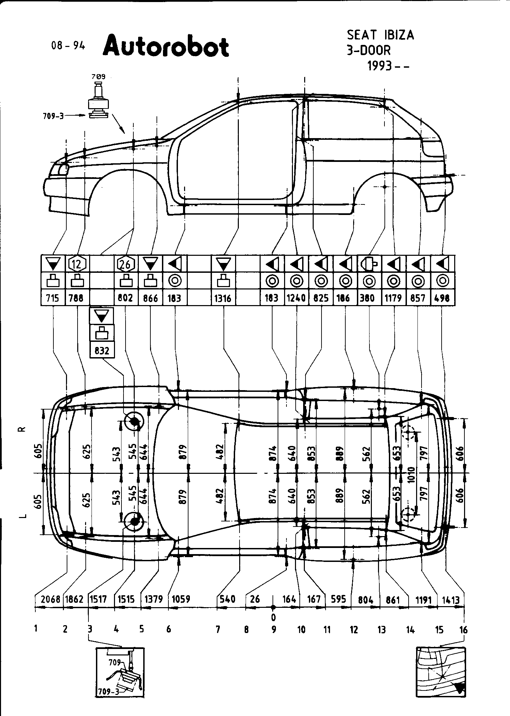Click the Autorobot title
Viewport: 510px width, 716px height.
pos(166,47)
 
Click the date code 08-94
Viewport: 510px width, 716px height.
pos(68,46)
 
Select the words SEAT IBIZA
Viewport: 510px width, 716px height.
pos(380,35)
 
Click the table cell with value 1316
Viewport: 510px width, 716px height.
pos(223,298)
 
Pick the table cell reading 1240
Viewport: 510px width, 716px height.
pos(296,298)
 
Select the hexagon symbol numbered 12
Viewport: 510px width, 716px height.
pos(77,264)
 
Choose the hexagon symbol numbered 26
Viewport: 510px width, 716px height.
pos(126,264)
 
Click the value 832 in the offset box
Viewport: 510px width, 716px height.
pos(102,350)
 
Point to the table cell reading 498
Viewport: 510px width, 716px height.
pos(442,298)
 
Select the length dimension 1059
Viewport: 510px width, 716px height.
pos(181,599)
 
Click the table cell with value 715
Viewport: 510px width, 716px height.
pos(52,298)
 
